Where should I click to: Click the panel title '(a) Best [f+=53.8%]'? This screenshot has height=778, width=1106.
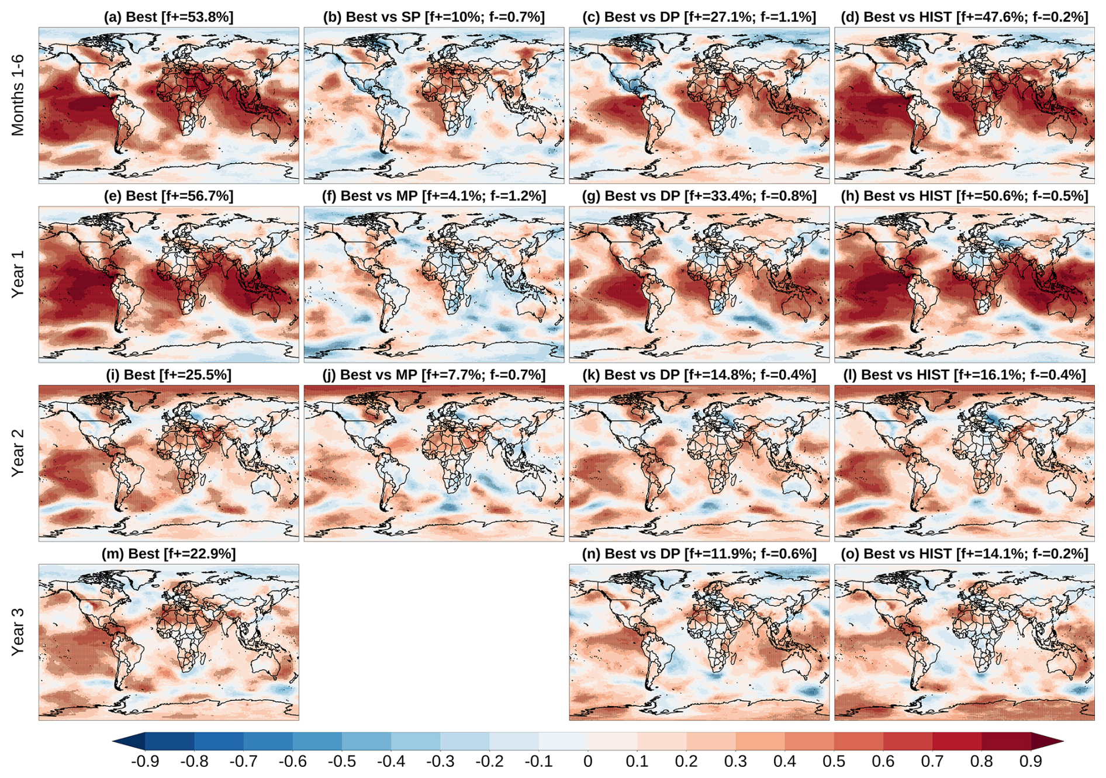pos(168,17)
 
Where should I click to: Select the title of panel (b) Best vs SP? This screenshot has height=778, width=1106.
pos(434,17)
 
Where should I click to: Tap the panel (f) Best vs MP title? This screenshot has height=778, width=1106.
pos(434,196)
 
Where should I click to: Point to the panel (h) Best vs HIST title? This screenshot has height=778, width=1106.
pos(964,196)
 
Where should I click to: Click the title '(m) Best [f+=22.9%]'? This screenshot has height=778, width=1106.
pos(168,554)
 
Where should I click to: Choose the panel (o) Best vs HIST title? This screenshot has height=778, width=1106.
pos(964,554)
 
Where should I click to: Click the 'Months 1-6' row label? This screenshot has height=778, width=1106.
pos(18,95)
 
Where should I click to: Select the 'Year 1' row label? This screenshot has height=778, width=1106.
pos(18,274)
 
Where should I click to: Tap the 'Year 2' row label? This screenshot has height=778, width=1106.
pos(18,453)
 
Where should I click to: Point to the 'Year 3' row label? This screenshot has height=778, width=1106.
pos(18,632)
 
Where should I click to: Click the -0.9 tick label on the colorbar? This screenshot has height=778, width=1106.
pos(144,762)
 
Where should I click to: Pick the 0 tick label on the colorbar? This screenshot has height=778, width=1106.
pos(587,762)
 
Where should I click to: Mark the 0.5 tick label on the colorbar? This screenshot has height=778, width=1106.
pos(834,762)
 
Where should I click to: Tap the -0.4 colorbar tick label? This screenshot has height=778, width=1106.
pos(390,762)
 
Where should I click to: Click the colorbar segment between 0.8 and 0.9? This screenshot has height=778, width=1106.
pos(1006,742)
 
